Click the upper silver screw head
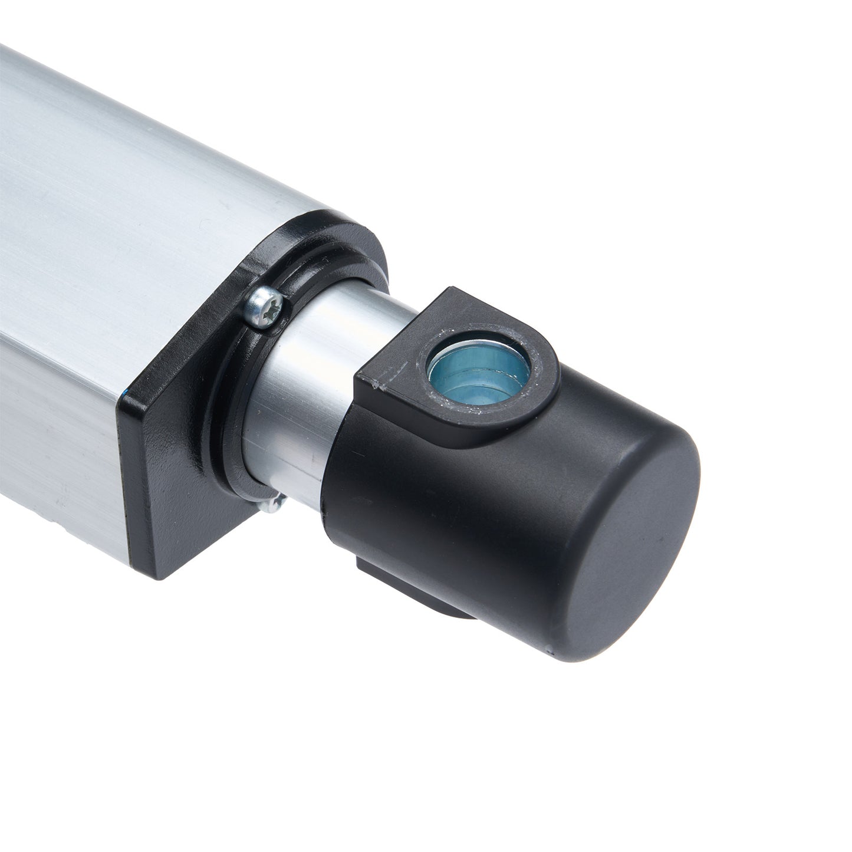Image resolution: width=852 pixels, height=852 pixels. click(264, 307)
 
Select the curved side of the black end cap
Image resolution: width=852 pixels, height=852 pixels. click(472, 519)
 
